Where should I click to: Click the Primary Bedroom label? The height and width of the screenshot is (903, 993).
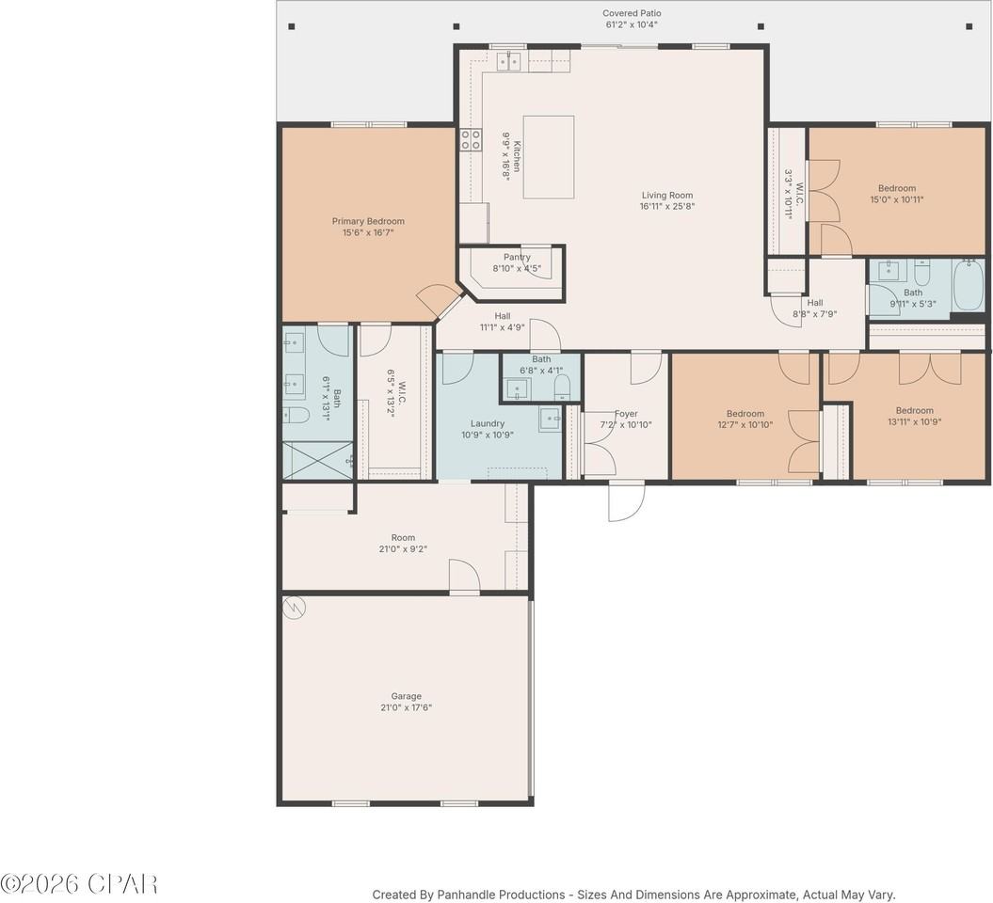coord(368,221)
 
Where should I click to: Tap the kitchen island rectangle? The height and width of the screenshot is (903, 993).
coord(549,157)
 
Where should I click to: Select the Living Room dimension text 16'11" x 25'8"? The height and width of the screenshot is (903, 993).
coord(667,206)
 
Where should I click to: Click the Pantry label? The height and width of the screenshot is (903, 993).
coord(517,257)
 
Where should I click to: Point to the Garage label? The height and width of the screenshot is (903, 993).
coord(406,696)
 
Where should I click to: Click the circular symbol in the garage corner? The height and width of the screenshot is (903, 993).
coord(295,608)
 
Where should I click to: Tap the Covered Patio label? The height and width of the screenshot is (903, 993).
coord(632,13)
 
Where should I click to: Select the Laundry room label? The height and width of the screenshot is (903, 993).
coord(488,423)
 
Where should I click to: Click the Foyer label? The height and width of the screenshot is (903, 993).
coord(626,414)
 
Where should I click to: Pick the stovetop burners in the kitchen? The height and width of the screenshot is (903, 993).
coord(471,139)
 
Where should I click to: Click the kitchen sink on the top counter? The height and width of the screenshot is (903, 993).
coord(509,61)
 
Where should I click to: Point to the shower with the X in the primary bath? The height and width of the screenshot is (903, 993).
coord(318,460)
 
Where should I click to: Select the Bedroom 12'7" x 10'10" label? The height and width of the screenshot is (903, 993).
coord(745,414)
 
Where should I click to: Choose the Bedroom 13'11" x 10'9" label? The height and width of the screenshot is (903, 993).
coord(915,410)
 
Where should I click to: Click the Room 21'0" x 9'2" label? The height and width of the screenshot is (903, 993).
coord(403,538)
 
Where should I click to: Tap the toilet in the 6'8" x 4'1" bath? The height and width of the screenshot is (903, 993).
coord(562,387)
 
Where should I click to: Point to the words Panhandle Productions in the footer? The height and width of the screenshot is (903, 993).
coord(501,895)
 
